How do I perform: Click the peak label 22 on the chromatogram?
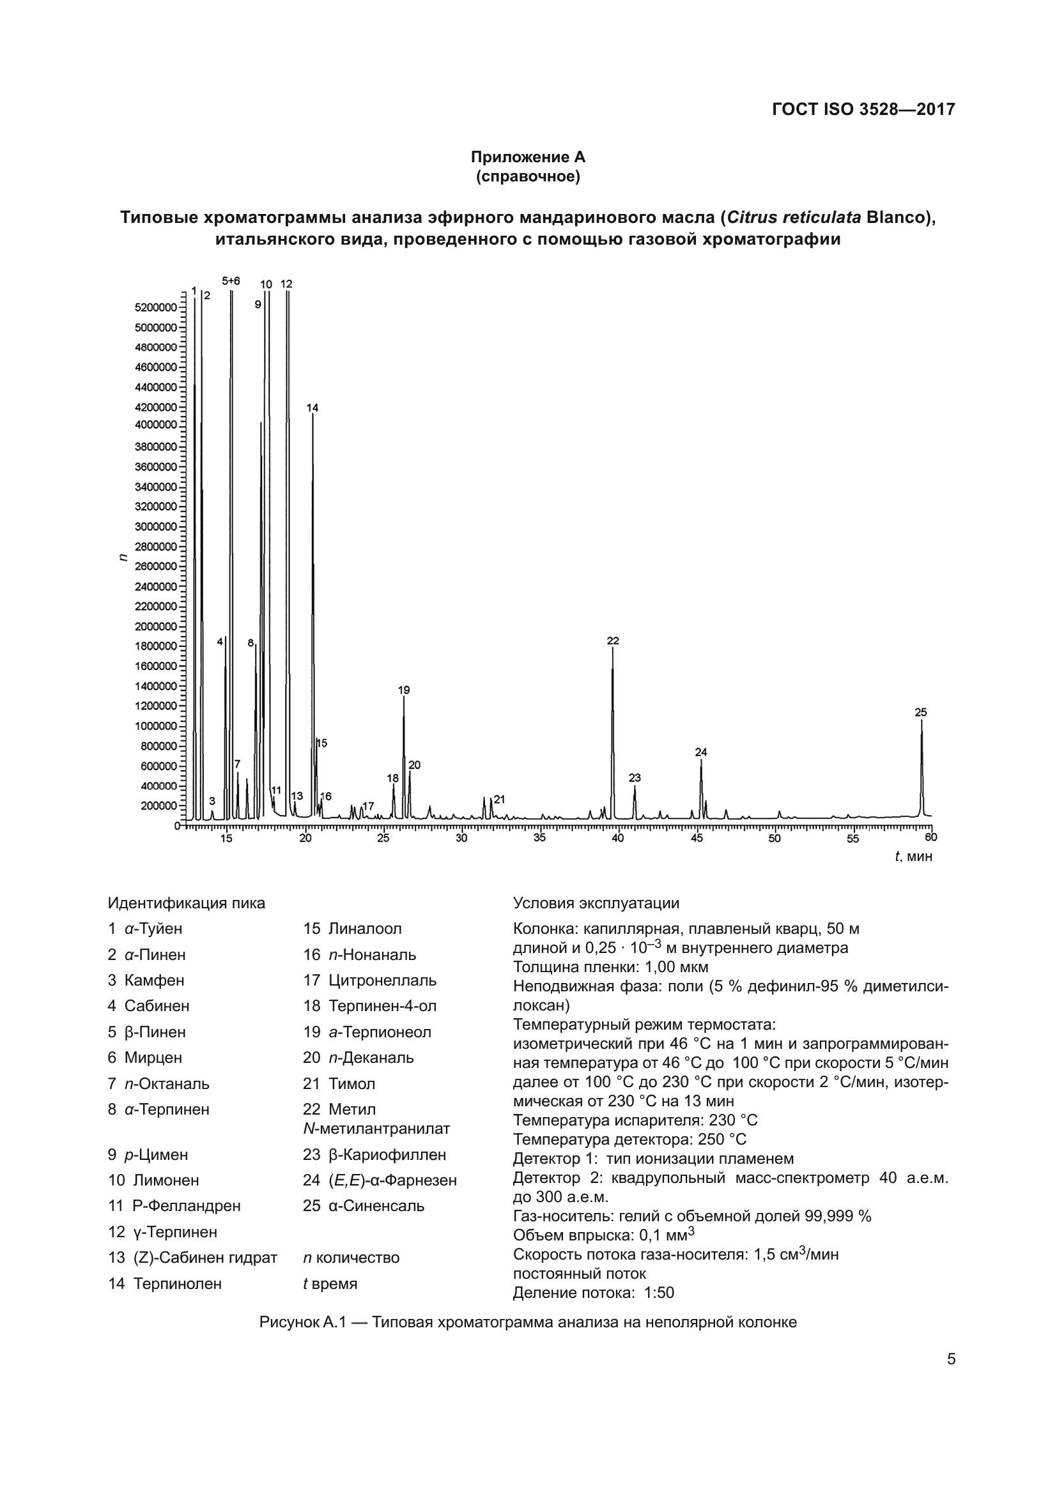pyautogui.click(x=612, y=641)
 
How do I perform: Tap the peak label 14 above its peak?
pyautogui.click(x=312, y=408)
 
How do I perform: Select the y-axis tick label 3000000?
pyautogui.click(x=155, y=526)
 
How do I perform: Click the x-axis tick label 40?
pyautogui.click(x=618, y=838)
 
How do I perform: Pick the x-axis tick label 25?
pyautogui.click(x=383, y=838)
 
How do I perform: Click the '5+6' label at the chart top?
pyautogui.click(x=231, y=281)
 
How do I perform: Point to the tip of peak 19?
pyautogui.click(x=403, y=697)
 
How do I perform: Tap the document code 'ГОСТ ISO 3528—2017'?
pyautogui.click(x=863, y=109)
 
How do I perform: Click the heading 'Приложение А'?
pyautogui.click(x=528, y=157)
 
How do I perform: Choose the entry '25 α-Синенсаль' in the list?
pyautogui.click(x=364, y=1205)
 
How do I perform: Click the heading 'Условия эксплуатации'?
pyautogui.click(x=596, y=903)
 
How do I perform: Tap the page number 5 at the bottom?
pyautogui.click(x=951, y=1359)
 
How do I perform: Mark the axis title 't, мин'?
pyautogui.click(x=913, y=857)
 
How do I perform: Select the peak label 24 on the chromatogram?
pyautogui.click(x=700, y=752)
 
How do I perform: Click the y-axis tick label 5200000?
pyautogui.click(x=155, y=307)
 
